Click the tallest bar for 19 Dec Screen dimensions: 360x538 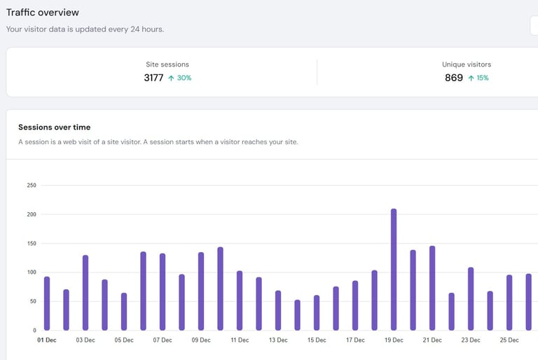point(394,270)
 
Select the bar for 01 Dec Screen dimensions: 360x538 point(47,303)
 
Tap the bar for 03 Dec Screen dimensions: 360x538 point(85,293)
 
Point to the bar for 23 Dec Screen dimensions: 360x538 point(471,298)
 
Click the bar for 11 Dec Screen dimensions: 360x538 point(240,300)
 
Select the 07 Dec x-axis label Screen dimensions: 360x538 point(162,340)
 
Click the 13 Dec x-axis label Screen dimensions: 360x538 point(278,340)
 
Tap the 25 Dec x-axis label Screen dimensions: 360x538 point(509,340)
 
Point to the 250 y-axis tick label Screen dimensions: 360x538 point(32,186)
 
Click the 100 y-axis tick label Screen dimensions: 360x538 point(32,272)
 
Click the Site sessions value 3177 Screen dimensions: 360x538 point(153,78)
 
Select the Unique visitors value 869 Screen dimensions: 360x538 point(454,78)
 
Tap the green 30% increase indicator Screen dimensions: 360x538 point(180,78)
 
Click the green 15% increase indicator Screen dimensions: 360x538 point(478,78)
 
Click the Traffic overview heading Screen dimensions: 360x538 point(43,13)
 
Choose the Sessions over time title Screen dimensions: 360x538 point(54,127)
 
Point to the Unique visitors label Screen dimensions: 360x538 point(467,64)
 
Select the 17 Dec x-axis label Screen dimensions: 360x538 point(355,340)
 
